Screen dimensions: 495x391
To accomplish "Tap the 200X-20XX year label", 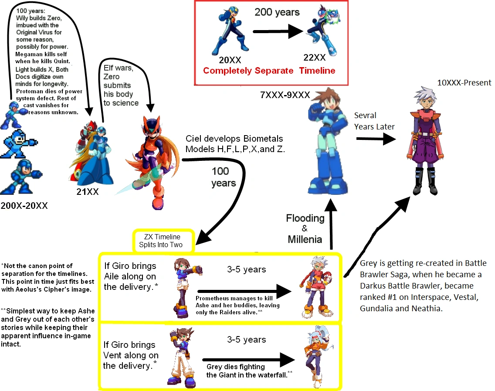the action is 24,205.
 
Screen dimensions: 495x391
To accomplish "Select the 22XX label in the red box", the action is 314,58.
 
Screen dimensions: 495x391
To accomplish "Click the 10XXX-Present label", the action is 464,82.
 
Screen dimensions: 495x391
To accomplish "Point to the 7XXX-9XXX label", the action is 285,95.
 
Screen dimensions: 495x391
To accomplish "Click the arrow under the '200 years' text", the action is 278,31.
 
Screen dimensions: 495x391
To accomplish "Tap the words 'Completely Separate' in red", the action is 248,71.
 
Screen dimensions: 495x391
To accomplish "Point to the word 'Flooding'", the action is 305,218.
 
